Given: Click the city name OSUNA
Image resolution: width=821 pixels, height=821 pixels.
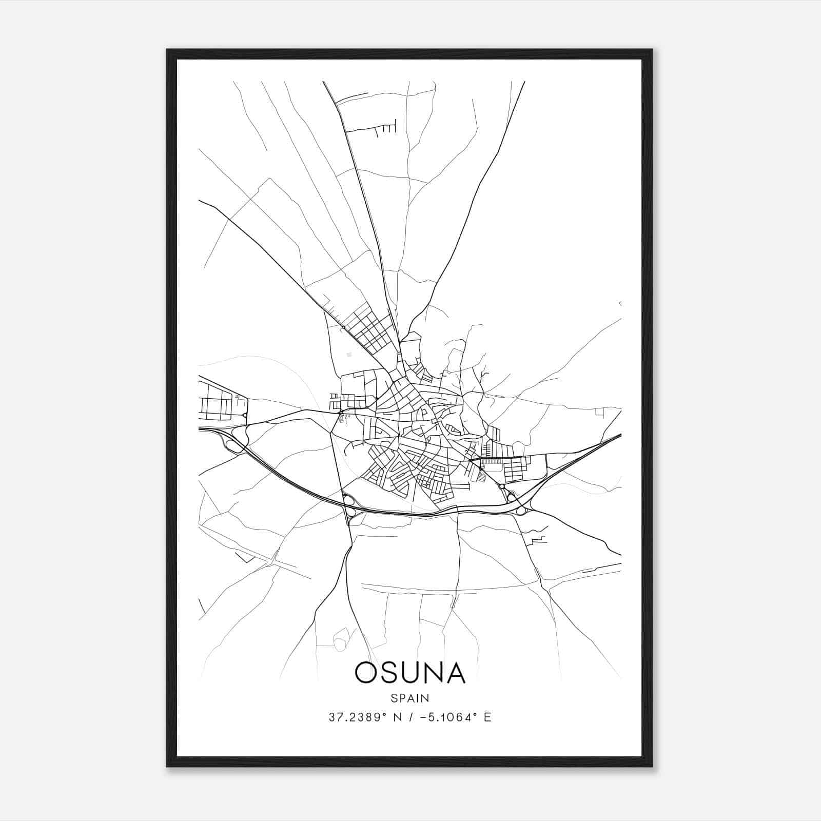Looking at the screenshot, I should [x=410, y=673].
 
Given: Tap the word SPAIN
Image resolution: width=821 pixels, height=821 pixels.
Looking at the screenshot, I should [x=410, y=698].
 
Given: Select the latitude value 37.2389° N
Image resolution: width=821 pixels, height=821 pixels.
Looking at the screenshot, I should [x=358, y=717].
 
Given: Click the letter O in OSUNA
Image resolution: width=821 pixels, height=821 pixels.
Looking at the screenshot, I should [x=366, y=673].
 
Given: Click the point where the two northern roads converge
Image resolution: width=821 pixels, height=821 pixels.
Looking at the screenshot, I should [x=399, y=341].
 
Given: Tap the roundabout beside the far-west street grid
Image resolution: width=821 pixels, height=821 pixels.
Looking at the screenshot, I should [x=245, y=416].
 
